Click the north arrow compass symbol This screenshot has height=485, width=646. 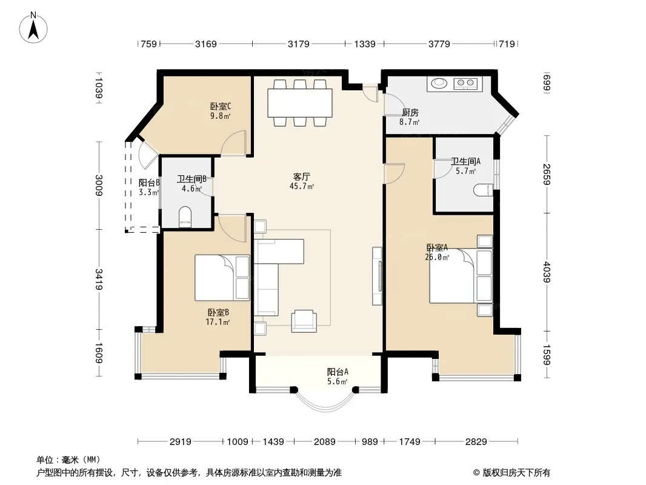point(33,28)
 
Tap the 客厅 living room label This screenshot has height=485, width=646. point(302,177)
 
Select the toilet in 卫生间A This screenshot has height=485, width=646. point(483,190)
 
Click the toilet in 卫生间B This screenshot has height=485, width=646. point(185,216)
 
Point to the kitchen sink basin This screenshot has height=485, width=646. point(439,83)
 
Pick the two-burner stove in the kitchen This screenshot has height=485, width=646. point(465,84)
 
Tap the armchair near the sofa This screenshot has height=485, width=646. point(304,321)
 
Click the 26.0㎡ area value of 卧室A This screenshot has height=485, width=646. point(437,258)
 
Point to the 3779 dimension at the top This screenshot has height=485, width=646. point(439,44)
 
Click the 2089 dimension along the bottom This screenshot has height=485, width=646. point(324,442)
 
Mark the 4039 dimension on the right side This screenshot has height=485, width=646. point(547,272)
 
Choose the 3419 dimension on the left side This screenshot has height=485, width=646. point(99,279)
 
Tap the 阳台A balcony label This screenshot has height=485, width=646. point(338,372)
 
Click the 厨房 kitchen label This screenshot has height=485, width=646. point(410,112)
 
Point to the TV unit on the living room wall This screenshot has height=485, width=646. point(377,276)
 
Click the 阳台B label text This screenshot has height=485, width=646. point(149,182)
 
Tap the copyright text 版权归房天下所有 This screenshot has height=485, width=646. point(516,473)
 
